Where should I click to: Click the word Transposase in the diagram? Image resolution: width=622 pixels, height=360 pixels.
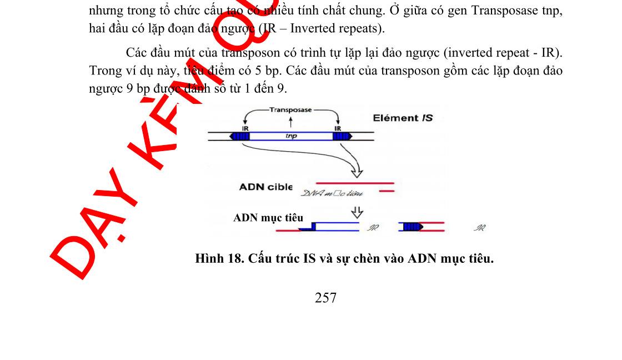tap(292, 109)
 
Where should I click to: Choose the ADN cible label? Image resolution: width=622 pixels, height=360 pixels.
tap(265, 187)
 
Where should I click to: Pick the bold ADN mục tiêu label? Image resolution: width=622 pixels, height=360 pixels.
tap(268, 218)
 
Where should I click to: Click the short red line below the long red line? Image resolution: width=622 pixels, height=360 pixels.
tap(387, 192)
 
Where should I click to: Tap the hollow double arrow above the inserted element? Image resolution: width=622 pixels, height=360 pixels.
tap(358, 212)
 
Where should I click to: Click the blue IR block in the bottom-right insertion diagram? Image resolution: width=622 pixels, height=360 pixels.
tap(411, 227)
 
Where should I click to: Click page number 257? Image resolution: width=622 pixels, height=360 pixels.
tap(325, 298)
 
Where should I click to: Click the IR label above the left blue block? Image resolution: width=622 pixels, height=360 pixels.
tap(245, 128)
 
